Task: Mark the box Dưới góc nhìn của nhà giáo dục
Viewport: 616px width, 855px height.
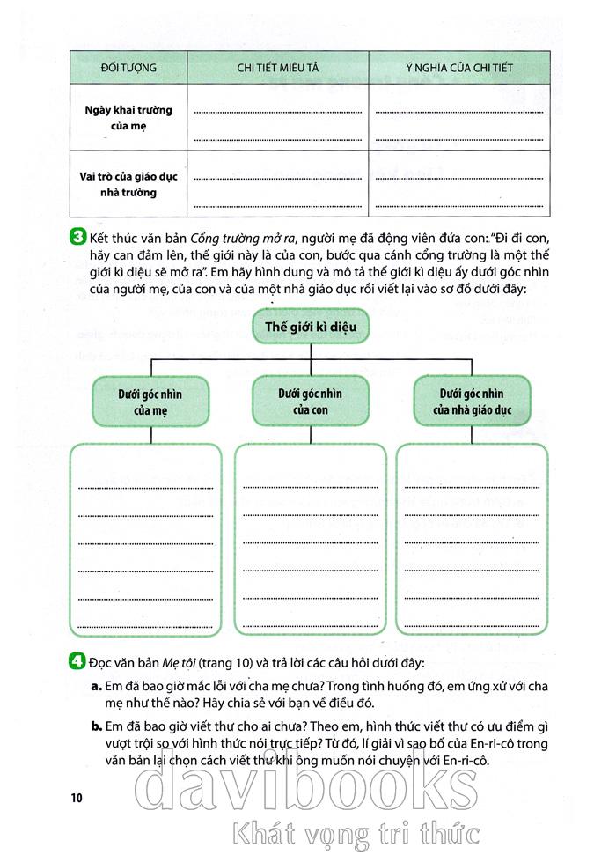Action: [472, 401]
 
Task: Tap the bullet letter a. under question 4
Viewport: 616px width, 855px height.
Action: [94, 684]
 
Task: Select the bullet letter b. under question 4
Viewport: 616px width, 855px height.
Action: [94, 726]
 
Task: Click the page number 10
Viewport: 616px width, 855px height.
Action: [75, 799]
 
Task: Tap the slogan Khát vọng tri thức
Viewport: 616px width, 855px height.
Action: [352, 832]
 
